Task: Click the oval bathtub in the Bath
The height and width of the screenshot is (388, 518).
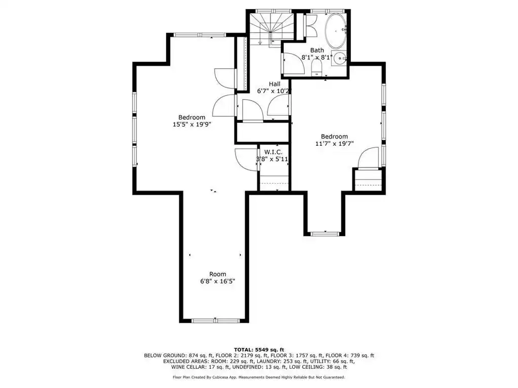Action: (x=336, y=31)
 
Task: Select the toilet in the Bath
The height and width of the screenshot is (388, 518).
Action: (x=316, y=69)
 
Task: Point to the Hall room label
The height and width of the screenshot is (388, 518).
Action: (x=274, y=84)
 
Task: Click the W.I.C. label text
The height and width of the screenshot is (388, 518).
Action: (x=273, y=152)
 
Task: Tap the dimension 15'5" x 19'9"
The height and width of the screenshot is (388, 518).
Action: (x=192, y=125)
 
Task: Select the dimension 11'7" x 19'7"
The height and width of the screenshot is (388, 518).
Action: (x=334, y=144)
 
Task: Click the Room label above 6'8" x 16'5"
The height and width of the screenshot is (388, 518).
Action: (x=218, y=274)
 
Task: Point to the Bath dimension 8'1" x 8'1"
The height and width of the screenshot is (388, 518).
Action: (x=317, y=57)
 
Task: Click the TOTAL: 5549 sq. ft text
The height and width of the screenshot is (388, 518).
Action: (x=259, y=350)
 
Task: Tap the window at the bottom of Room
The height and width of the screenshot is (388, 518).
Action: (x=215, y=320)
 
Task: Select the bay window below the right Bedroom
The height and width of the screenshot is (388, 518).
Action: (x=325, y=234)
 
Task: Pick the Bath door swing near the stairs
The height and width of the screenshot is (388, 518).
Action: (x=294, y=63)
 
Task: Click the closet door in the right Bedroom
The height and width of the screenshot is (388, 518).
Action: (x=368, y=158)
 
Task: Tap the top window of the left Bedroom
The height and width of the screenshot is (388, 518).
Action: (x=200, y=34)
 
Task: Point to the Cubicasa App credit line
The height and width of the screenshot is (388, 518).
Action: (x=259, y=377)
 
